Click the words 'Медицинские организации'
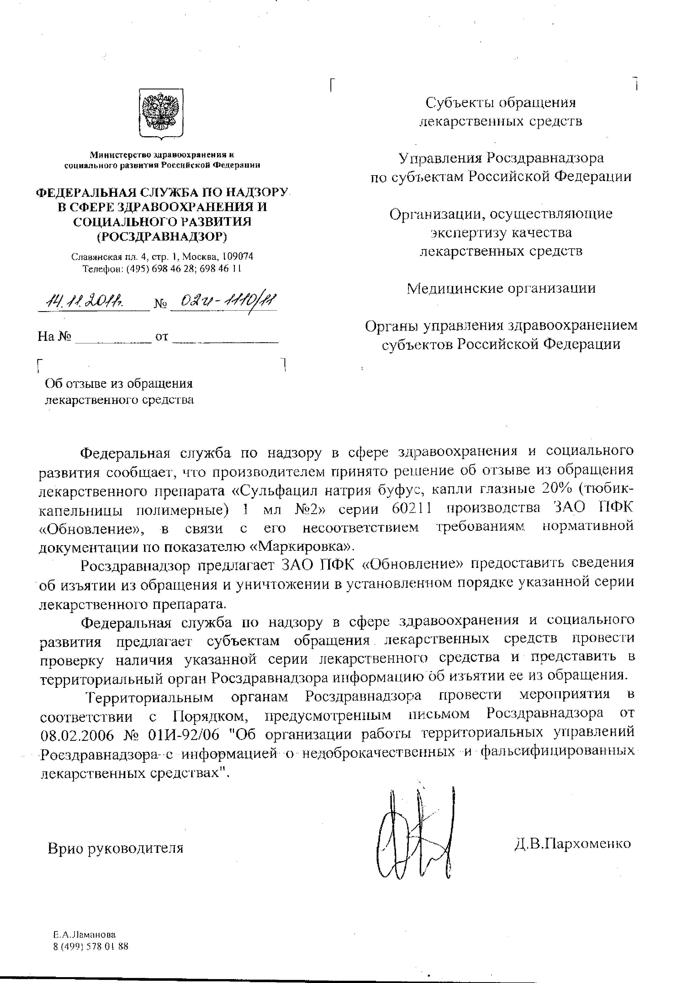pos(501,288)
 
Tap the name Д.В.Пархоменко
pos(573,844)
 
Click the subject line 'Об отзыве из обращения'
pos(119,383)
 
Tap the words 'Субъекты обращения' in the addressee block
pos(501,103)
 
